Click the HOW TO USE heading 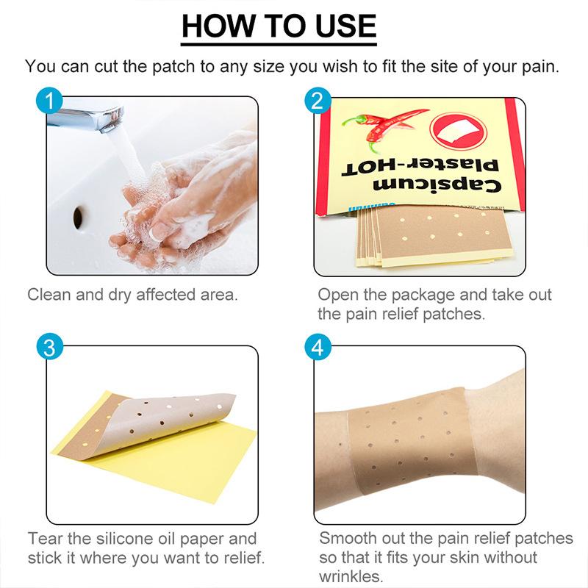[279, 26]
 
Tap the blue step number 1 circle [49, 101]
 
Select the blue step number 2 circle [318, 101]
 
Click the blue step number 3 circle [49, 348]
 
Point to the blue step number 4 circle [318, 348]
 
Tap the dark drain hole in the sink [78, 214]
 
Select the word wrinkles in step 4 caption [351, 576]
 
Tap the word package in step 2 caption [434, 295]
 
